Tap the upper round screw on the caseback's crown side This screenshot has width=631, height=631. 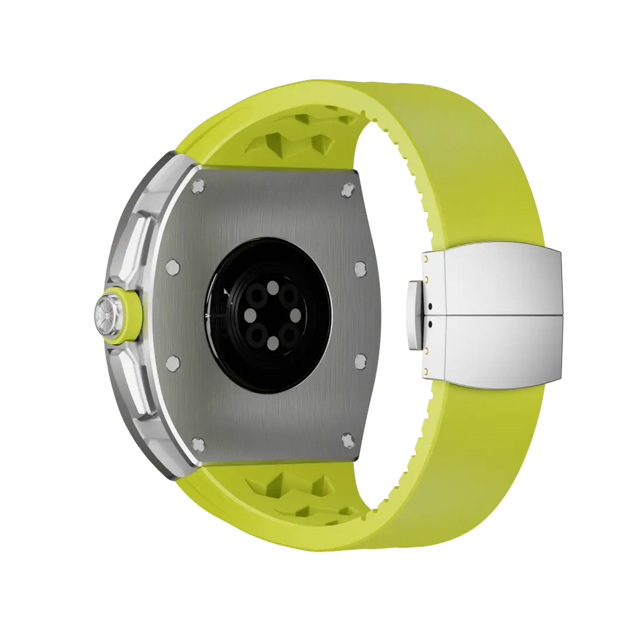click(173, 267)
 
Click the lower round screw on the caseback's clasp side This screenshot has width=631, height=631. click(360, 359)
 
